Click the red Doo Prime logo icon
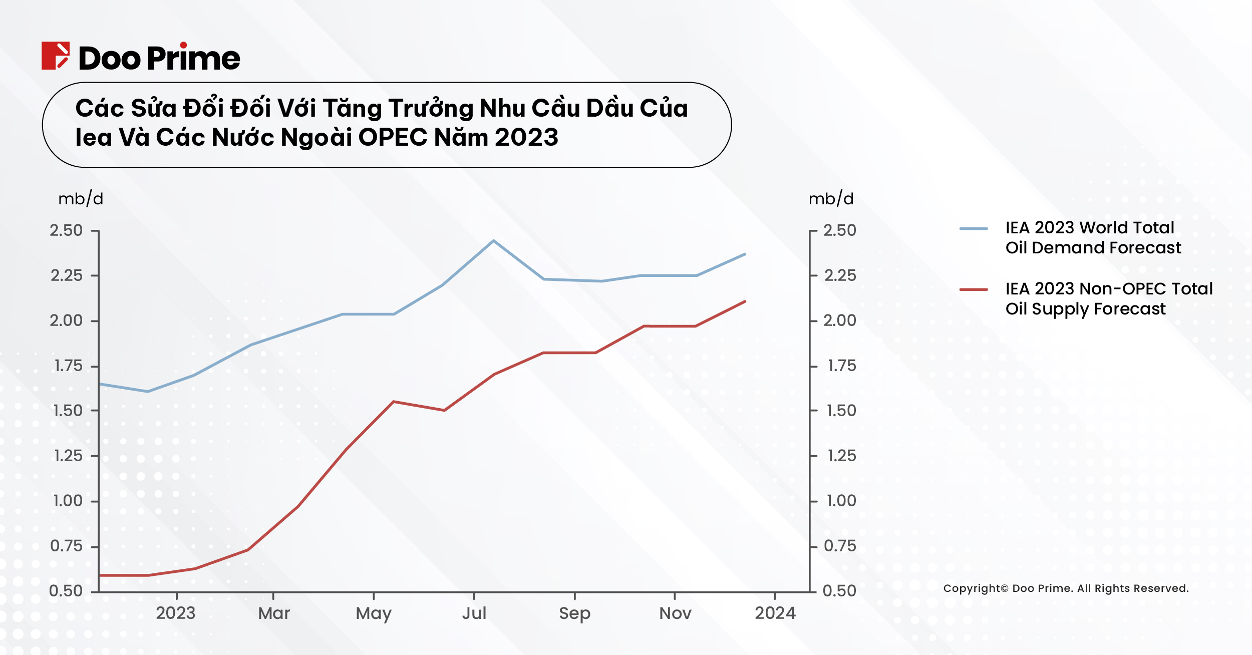click(55, 56)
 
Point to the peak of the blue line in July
click(493, 241)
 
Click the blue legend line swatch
click(974, 229)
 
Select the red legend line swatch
click(974, 289)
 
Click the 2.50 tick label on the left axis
click(66, 230)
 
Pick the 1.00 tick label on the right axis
click(841, 501)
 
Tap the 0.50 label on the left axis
click(66, 591)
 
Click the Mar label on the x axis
click(274, 613)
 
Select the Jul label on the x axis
click(474, 613)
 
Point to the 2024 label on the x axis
click(775, 613)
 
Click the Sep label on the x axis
click(574, 613)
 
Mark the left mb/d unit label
click(81, 199)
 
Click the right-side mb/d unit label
click(831, 199)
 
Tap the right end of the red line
click(745, 301)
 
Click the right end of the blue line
click(745, 254)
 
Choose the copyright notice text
click(1066, 588)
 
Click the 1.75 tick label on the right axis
click(841, 366)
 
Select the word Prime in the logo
click(194, 59)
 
